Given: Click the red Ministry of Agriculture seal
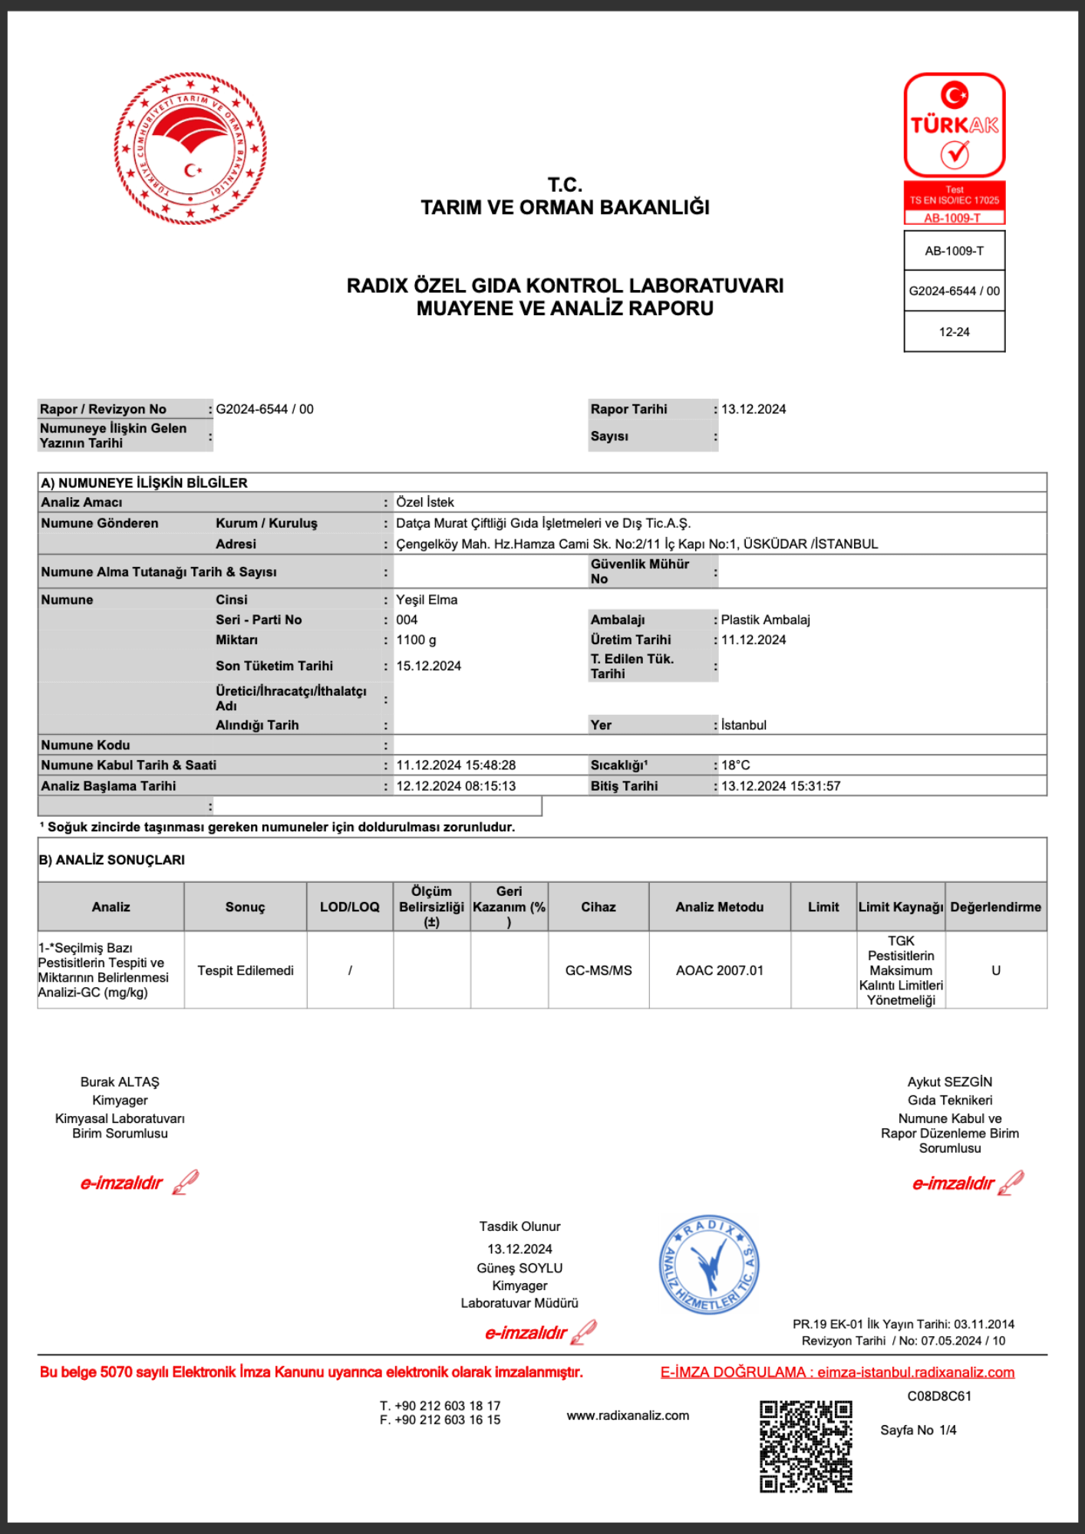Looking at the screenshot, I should tap(190, 149).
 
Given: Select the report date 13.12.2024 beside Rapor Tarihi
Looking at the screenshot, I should tap(754, 409).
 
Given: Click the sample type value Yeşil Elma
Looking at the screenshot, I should tap(427, 600).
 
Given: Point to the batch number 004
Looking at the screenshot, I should tap(407, 620).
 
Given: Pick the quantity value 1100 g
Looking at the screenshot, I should tap(416, 640).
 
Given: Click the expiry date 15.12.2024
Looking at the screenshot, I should tap(428, 666).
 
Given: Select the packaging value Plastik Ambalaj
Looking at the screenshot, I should tap(765, 620).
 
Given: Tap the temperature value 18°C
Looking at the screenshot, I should tap(735, 765).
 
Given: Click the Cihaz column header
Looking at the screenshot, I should tap(599, 907).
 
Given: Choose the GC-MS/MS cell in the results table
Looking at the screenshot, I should tap(599, 970).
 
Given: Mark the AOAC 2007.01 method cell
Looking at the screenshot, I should tap(720, 970).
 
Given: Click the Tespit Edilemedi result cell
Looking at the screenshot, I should tap(246, 970).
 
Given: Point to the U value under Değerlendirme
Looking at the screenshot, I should tap(996, 970).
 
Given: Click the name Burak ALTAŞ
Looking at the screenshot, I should tap(120, 1081).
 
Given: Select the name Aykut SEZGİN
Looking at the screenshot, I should tap(950, 1081).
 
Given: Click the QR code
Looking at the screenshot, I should tap(806, 1447).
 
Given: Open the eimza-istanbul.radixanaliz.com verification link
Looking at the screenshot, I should tap(915, 1372).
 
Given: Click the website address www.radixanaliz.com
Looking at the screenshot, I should tap(628, 1415).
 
